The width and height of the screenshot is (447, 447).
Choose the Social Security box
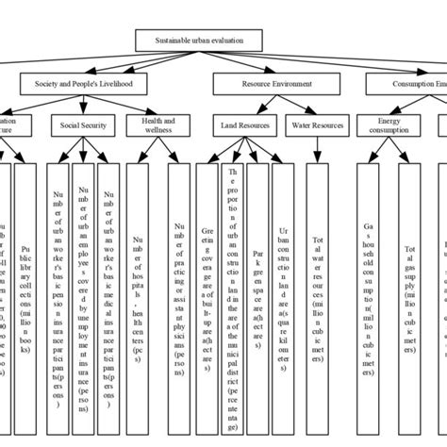click(83, 125)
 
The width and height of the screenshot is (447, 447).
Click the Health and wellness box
click(150, 125)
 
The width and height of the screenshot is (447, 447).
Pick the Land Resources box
click(245, 125)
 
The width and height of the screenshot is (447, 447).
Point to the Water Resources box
click(316, 125)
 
